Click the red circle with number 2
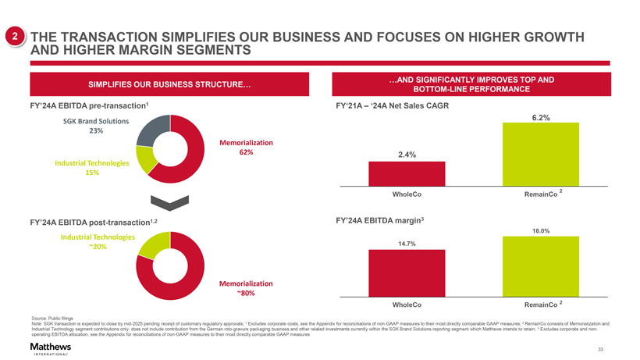pos(13,37)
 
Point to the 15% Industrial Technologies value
pos(92,173)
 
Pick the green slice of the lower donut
pos(149,244)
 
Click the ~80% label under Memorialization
pos(246,294)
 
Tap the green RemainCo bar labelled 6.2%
pos(541,153)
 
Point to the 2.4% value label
pos(406,155)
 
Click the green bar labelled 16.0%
pos(541,266)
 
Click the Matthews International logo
pos(50,348)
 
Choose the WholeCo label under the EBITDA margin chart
pos(407,303)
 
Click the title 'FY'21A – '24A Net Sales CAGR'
pos(391,105)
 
